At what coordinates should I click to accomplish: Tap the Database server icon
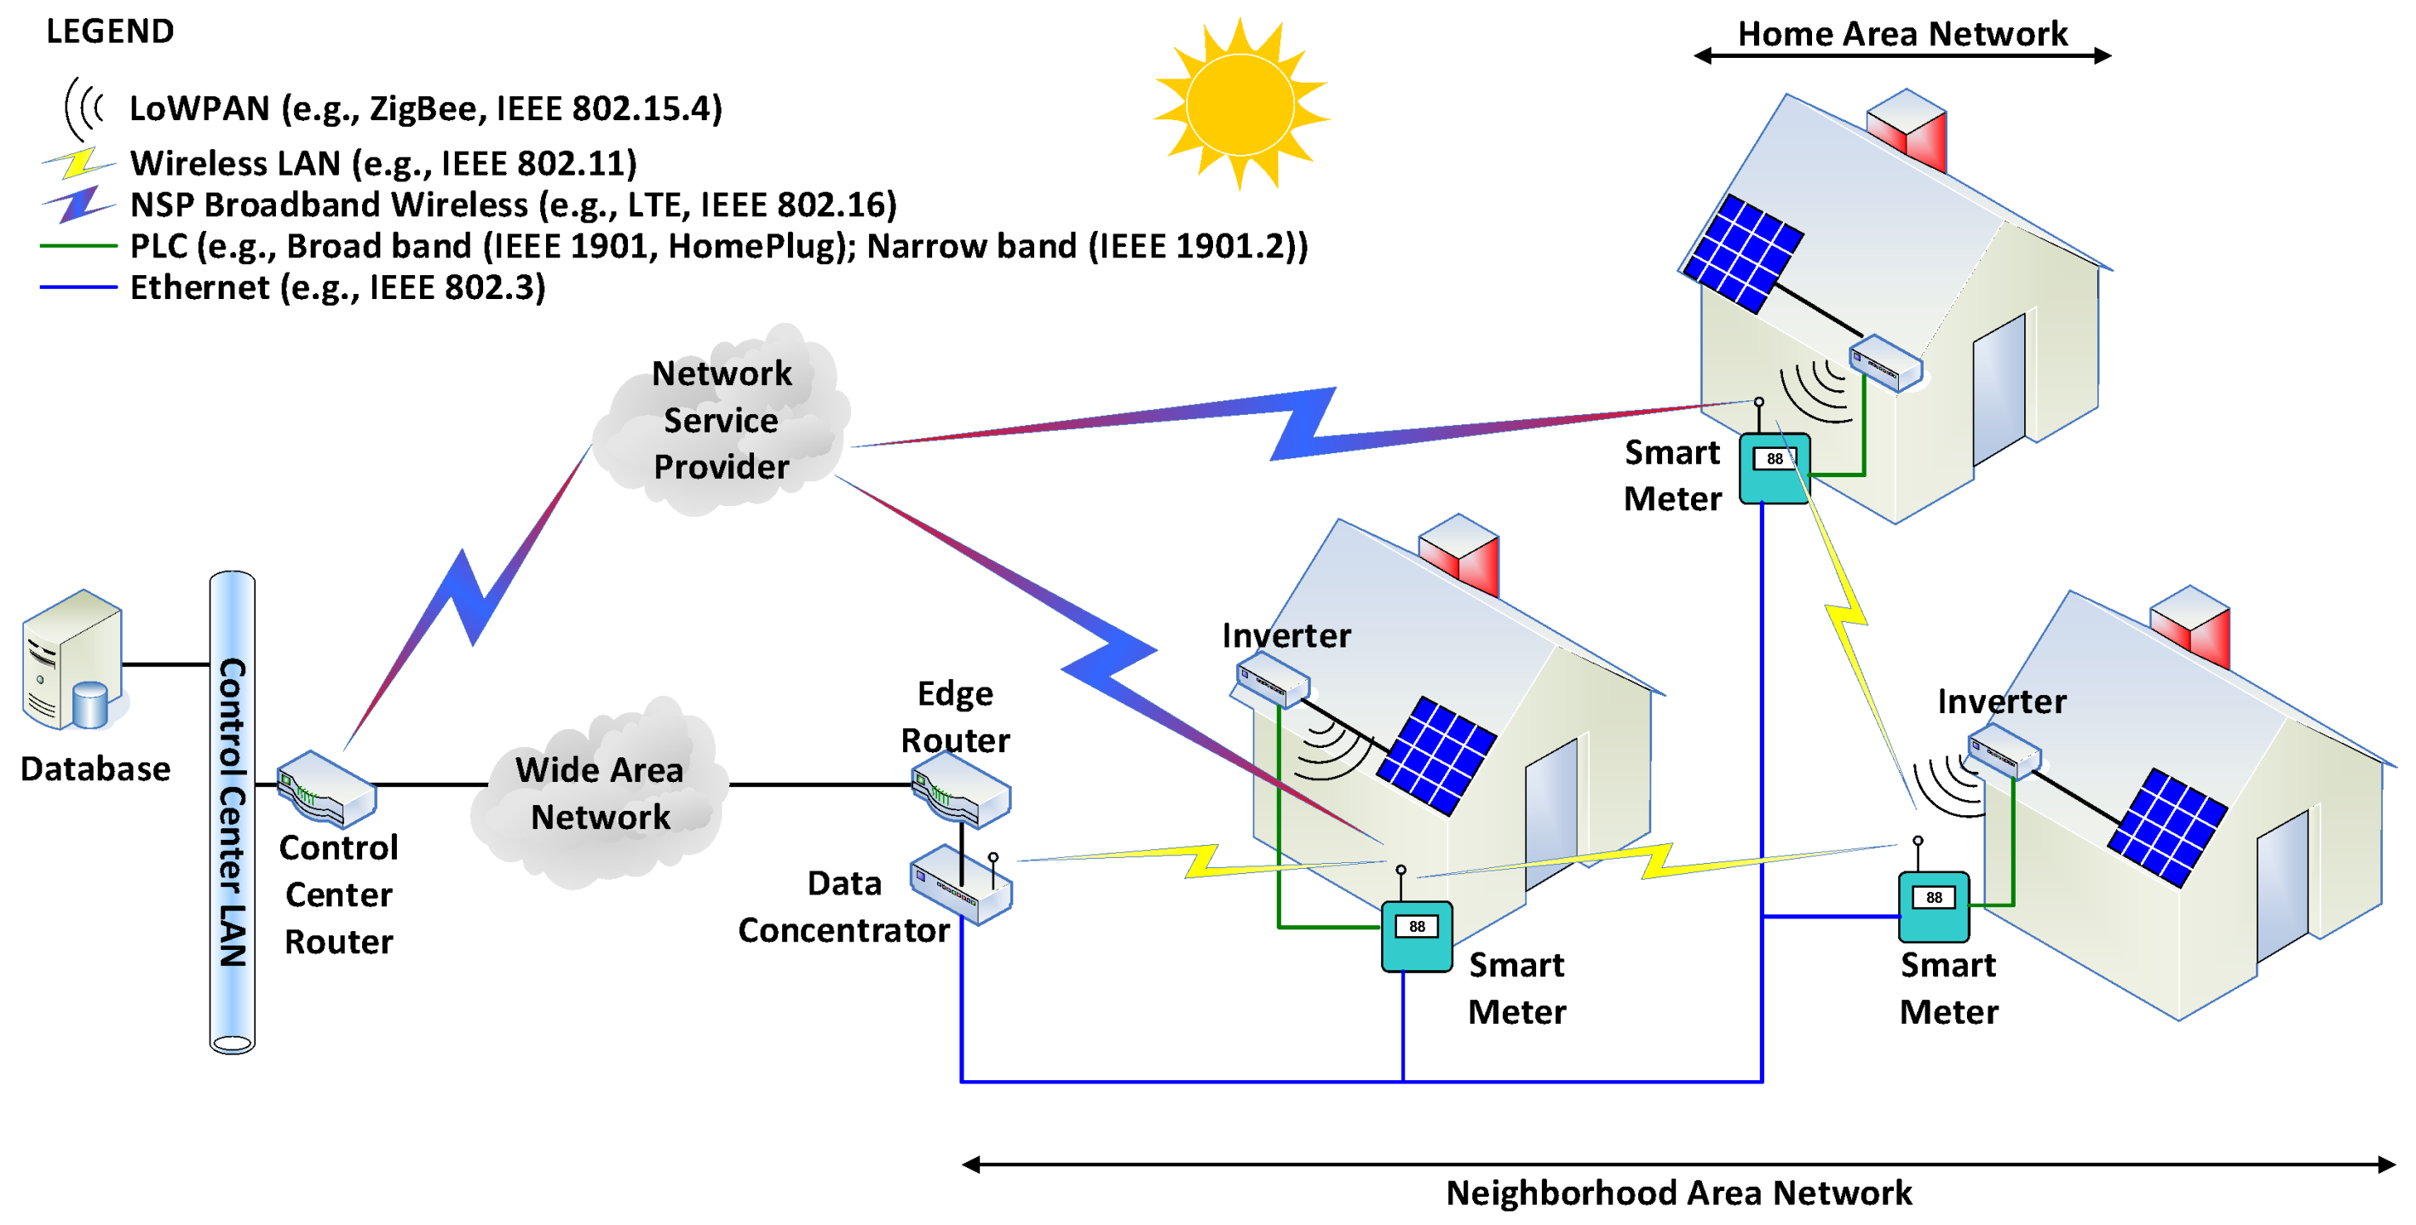(73, 661)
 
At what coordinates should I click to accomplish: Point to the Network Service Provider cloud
(721, 420)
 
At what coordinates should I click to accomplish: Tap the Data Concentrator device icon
(960, 885)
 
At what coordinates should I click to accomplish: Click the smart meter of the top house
(1774, 468)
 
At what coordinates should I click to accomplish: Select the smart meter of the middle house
(1416, 936)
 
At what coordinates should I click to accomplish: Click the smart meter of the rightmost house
(1933, 907)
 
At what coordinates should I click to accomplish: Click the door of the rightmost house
(2281, 887)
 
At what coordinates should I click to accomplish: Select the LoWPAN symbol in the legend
(83, 109)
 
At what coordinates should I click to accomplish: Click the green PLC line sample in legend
(78, 245)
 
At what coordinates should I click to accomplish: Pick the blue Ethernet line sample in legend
(78, 287)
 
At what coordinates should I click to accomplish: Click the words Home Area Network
(1902, 34)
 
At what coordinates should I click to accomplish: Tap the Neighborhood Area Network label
(1679, 1193)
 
